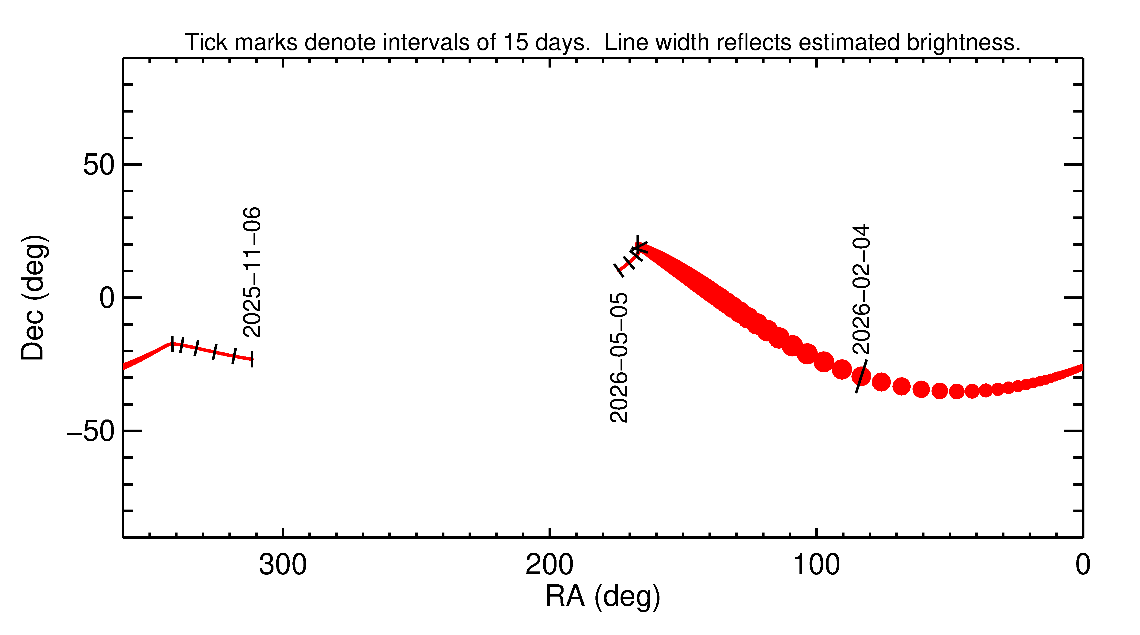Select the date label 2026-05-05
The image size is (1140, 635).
[619, 358]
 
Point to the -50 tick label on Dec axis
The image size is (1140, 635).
[91, 431]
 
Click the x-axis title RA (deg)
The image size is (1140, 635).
[603, 597]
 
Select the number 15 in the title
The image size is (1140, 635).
[516, 42]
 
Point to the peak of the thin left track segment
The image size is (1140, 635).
[172, 343]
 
